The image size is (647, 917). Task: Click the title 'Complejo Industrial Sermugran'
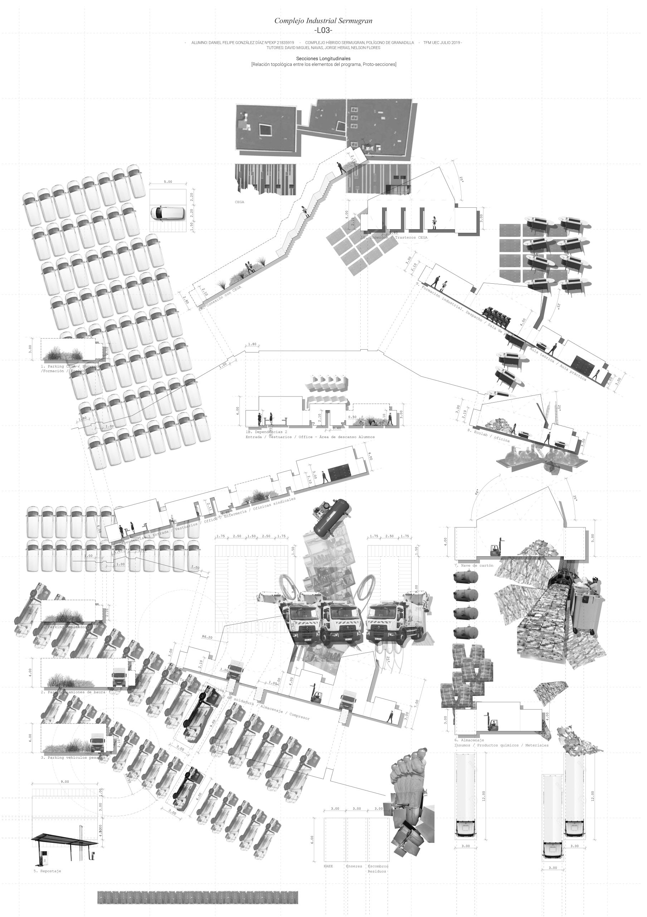pyautogui.click(x=323, y=21)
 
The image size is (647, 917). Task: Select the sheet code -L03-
pyautogui.click(x=323, y=31)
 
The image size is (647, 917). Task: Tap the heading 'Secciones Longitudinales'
pyautogui.click(x=323, y=59)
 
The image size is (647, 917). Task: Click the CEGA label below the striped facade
pyautogui.click(x=239, y=202)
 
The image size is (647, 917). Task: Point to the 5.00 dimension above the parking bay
pyautogui.click(x=168, y=182)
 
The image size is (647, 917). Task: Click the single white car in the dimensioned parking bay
pyautogui.click(x=167, y=213)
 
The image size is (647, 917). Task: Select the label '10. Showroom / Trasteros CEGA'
pyautogui.click(x=394, y=237)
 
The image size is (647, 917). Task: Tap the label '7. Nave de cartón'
pyautogui.click(x=473, y=566)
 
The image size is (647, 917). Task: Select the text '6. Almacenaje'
pyautogui.click(x=469, y=740)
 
